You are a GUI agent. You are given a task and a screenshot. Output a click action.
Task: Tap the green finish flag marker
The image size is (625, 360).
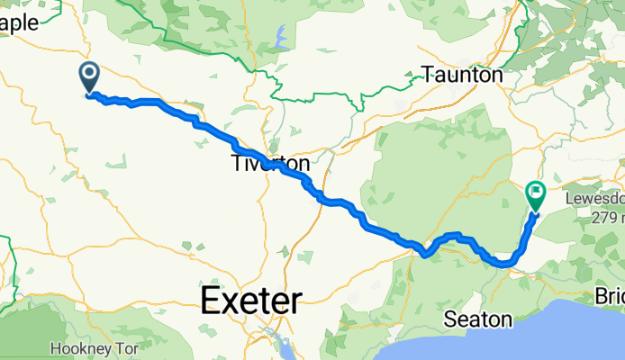(536, 193)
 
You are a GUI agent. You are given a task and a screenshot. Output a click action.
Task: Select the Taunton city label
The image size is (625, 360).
(463, 76)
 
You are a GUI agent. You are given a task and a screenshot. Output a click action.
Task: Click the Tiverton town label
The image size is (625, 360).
(270, 165)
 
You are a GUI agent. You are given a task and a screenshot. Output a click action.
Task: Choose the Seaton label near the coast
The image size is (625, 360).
(478, 319)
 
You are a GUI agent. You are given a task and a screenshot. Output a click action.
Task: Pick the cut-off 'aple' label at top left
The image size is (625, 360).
(20, 23)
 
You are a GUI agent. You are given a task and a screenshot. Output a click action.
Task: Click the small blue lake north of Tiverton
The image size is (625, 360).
(281, 39)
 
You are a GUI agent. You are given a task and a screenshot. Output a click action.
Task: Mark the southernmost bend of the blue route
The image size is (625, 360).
(504, 265)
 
